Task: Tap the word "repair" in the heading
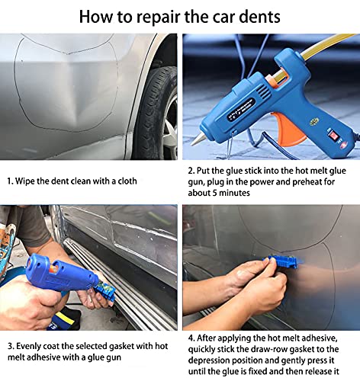(156, 16)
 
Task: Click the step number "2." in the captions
(191, 172)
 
